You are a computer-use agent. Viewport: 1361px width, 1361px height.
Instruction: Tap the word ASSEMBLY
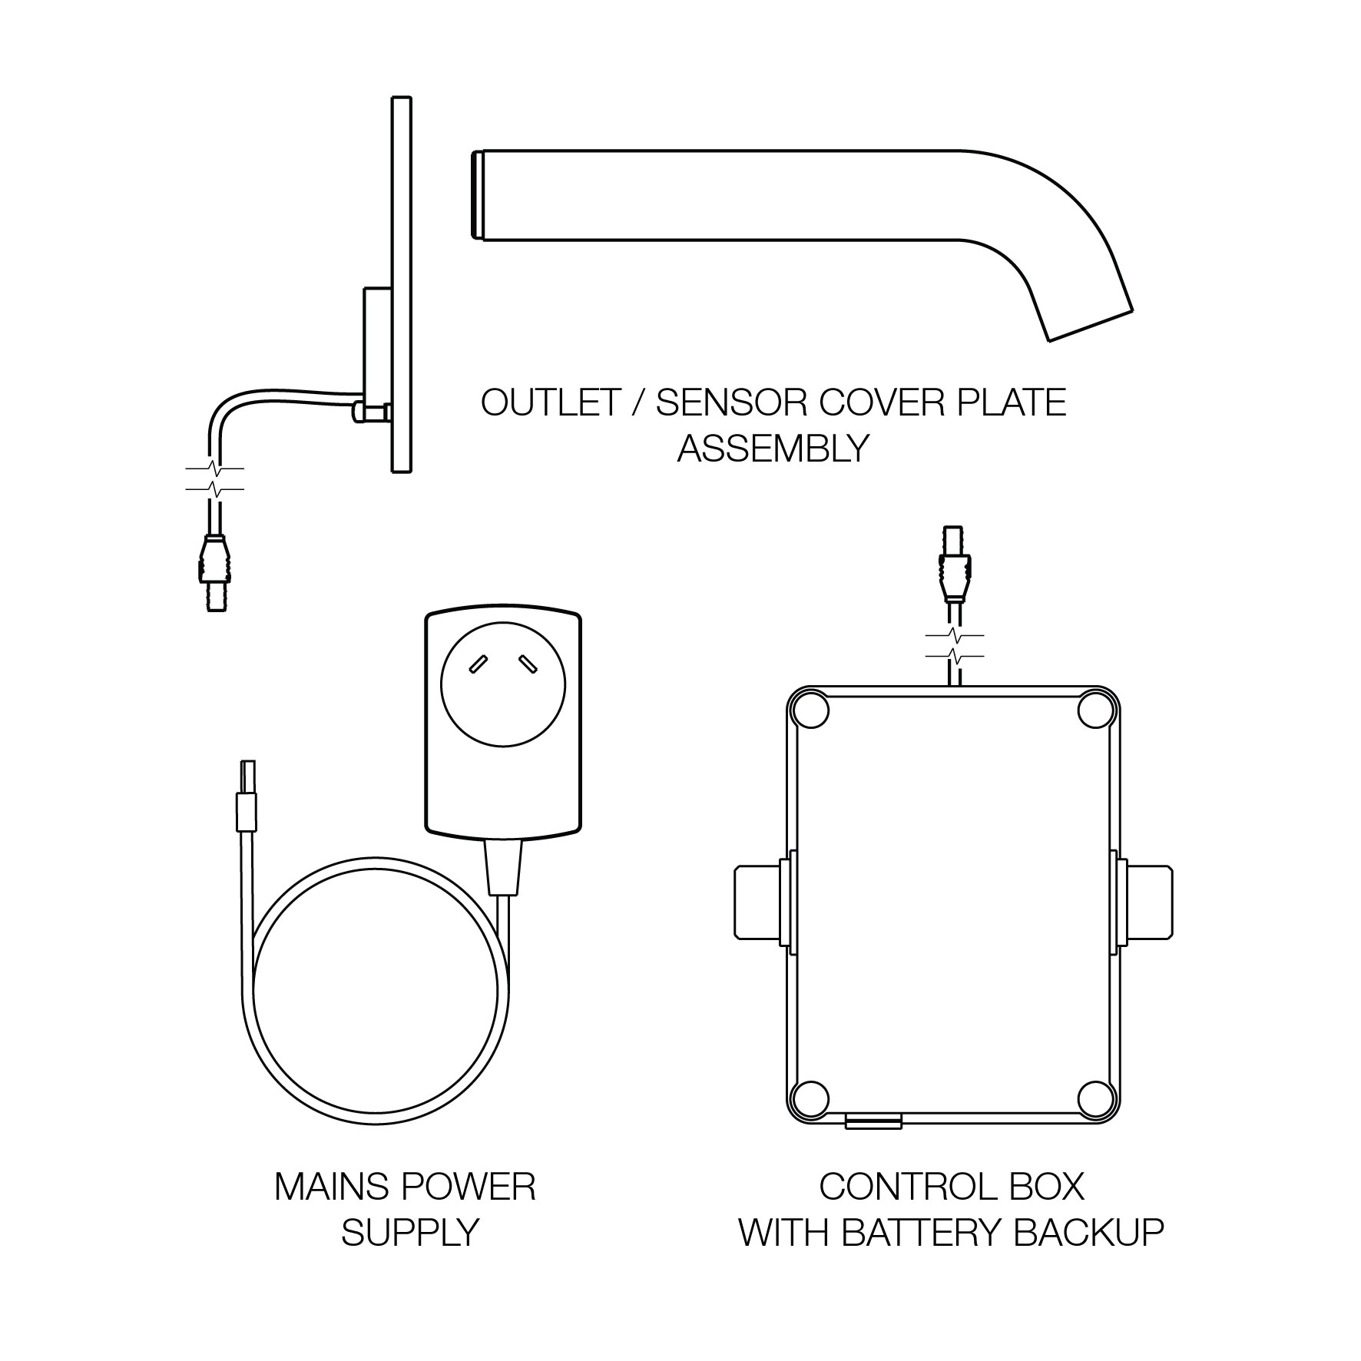pyautogui.click(x=773, y=448)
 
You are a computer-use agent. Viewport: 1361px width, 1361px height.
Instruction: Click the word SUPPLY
pyautogui.click(x=410, y=1232)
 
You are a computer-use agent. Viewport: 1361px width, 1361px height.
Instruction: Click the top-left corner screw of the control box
pyautogui.click(x=812, y=711)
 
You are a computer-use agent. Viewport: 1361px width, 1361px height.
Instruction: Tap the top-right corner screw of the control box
pyautogui.click(x=1095, y=711)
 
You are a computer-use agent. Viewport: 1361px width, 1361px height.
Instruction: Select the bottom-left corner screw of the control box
pyautogui.click(x=812, y=1099)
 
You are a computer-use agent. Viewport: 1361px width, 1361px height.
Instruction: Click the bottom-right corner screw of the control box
pyautogui.click(x=1095, y=1099)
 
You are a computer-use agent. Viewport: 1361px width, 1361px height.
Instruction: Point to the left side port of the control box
pyautogui.click(x=759, y=902)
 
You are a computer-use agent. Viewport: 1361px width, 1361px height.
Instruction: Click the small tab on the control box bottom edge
pyautogui.click(x=873, y=1122)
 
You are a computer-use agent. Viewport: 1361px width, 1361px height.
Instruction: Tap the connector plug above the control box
pyautogui.click(x=953, y=568)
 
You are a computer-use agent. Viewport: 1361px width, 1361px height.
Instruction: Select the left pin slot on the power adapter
pyautogui.click(x=478, y=663)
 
